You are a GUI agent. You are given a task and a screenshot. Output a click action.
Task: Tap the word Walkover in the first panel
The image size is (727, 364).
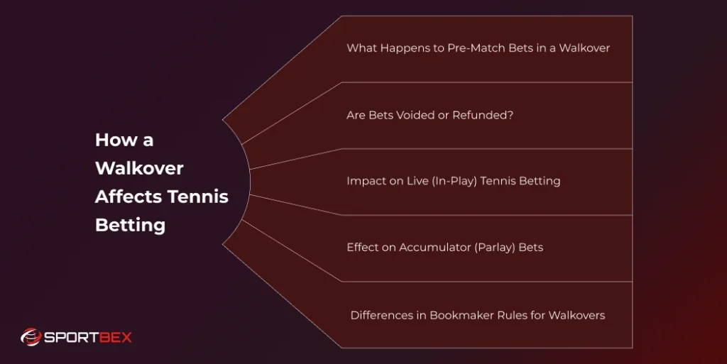[x=584, y=48]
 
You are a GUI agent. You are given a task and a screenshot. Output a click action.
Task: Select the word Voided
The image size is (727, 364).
[x=413, y=115]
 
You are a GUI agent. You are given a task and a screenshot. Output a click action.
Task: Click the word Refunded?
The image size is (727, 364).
[x=481, y=115]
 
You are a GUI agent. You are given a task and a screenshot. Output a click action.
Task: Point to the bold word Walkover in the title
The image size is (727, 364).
[x=139, y=169]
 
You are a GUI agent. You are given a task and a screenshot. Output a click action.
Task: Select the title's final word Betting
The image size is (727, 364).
[x=130, y=226]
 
